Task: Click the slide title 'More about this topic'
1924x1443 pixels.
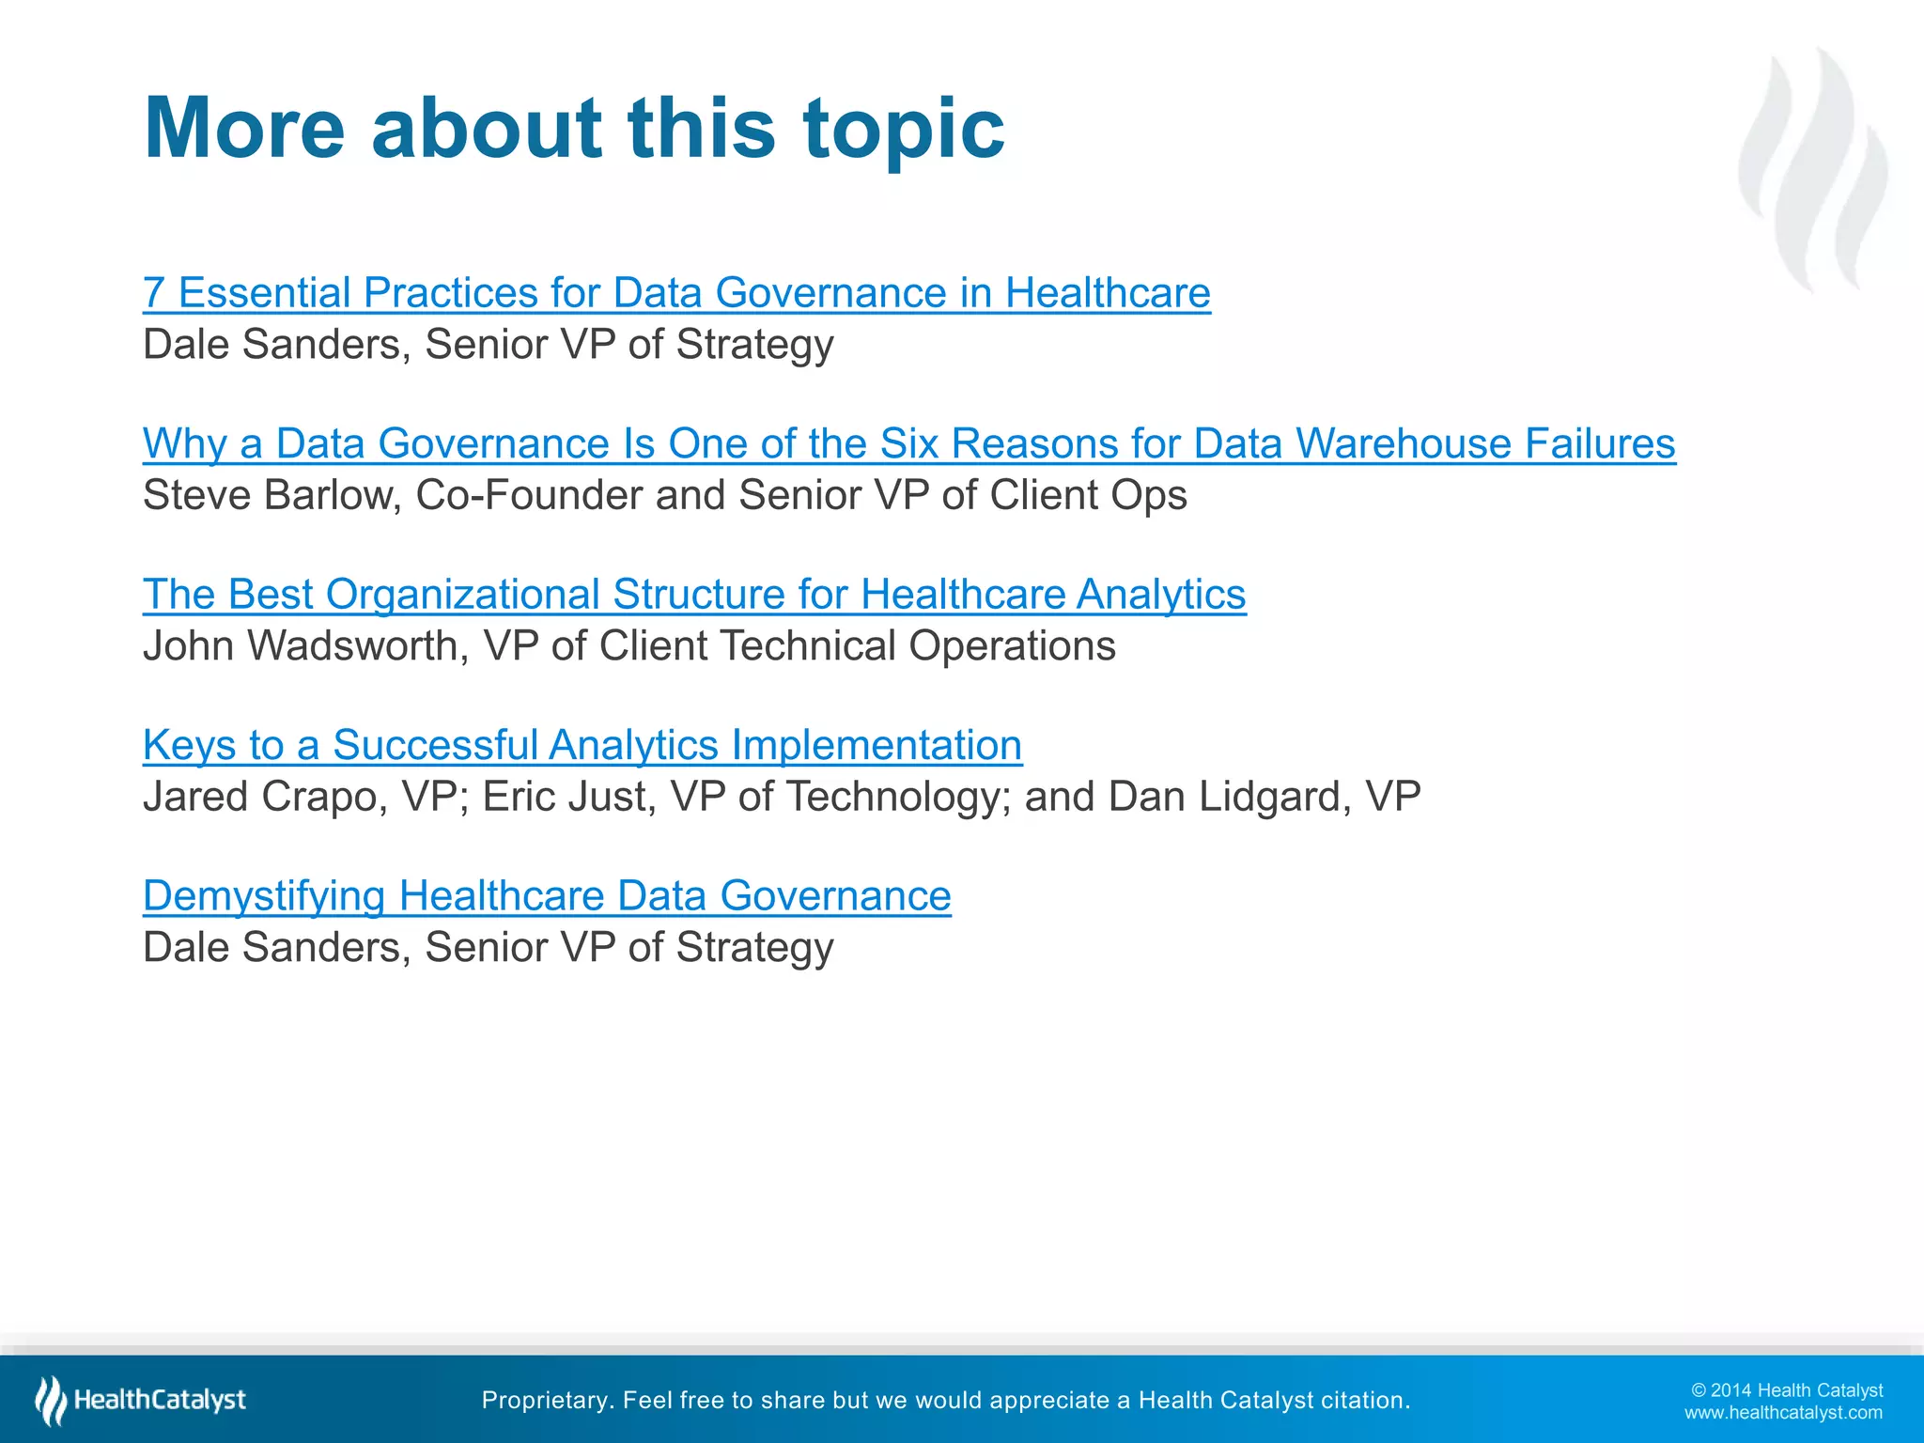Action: (x=574, y=128)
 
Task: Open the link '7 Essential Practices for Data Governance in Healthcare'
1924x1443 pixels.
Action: (x=676, y=293)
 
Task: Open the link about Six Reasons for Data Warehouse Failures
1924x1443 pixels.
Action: (x=908, y=443)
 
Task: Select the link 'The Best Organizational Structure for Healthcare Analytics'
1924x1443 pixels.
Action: (x=694, y=595)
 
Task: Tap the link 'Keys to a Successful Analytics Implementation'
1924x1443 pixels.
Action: (x=582, y=745)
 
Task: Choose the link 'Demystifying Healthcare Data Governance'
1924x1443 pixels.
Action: (x=547, y=895)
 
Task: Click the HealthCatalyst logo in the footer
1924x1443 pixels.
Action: (x=141, y=1400)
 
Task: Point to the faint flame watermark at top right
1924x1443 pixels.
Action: (x=1813, y=169)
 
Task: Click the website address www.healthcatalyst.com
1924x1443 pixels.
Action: (x=1783, y=1413)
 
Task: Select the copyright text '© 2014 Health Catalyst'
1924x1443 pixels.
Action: (x=1787, y=1390)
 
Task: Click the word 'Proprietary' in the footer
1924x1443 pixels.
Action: (x=544, y=1401)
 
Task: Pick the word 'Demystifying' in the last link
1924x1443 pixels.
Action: (x=264, y=896)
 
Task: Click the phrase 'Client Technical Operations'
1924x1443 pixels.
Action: (x=857, y=646)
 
